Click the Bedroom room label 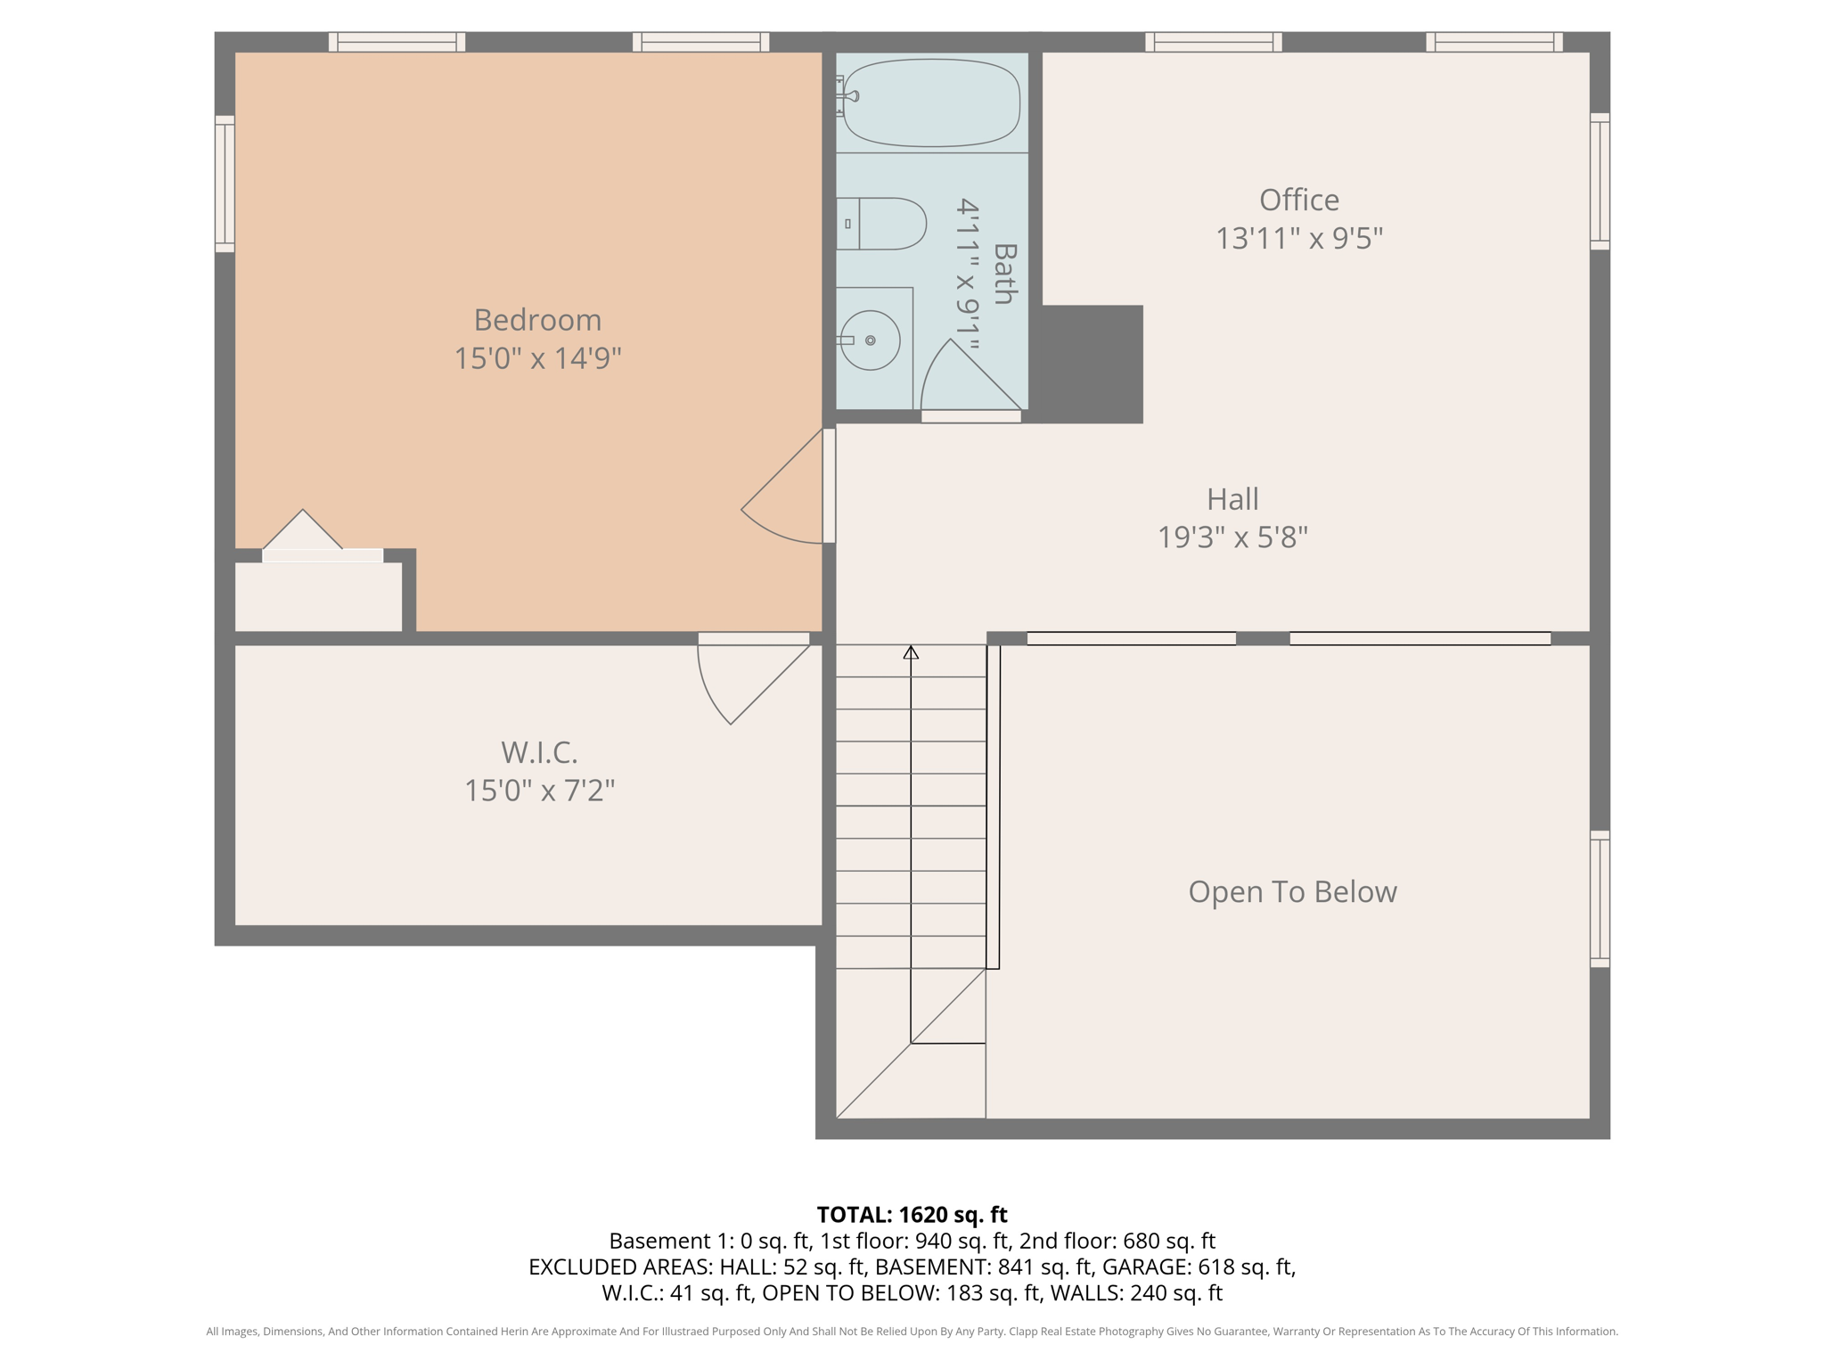click(537, 320)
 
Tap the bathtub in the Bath click(931, 102)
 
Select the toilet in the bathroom click(881, 224)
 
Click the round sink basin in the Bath click(870, 340)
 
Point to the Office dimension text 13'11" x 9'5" click(1299, 239)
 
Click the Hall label click(1232, 499)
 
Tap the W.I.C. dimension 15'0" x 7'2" click(539, 791)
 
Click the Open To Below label click(1292, 892)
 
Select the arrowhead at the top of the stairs click(911, 653)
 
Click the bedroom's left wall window click(225, 184)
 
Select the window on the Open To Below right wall click(1600, 899)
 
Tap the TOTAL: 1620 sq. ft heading click(912, 1215)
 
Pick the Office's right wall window click(1600, 182)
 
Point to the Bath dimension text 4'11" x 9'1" click(968, 275)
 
